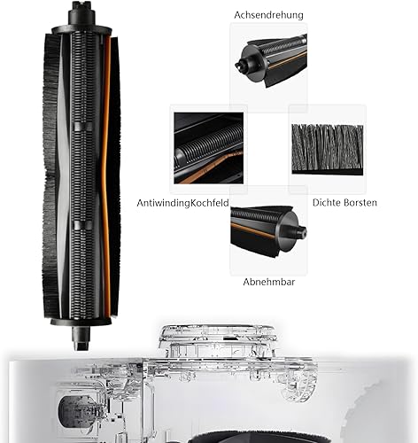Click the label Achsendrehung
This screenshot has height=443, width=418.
click(268, 15)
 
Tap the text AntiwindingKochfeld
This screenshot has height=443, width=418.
click(182, 203)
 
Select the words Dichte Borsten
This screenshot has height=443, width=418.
click(344, 203)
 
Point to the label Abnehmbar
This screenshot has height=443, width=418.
click(269, 282)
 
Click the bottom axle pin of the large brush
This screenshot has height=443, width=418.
click(81, 338)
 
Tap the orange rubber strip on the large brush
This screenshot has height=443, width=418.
click(106, 177)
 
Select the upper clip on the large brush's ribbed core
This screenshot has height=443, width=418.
click(82, 127)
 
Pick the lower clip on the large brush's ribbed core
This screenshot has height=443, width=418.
click(82, 225)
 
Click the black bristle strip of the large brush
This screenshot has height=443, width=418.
click(50, 177)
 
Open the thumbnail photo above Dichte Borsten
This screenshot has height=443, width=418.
click(328, 149)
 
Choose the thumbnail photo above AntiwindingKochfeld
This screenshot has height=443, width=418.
click(208, 148)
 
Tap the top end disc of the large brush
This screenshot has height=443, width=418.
click(81, 30)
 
